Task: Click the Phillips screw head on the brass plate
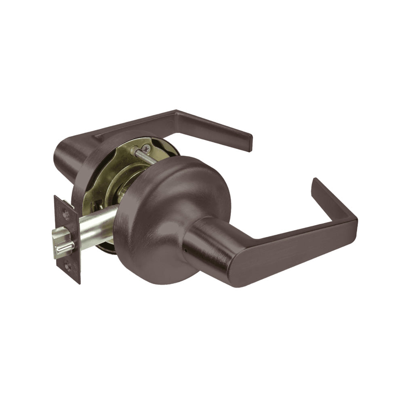tap(146, 149)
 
